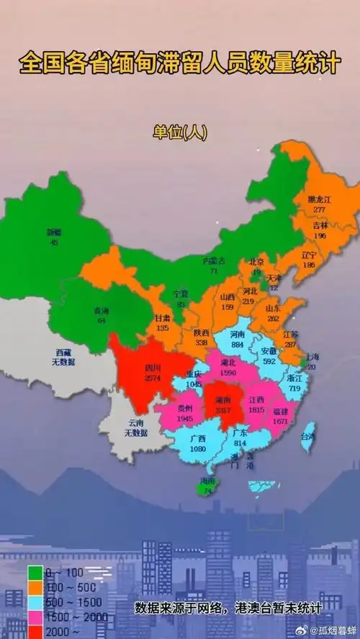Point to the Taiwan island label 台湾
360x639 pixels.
[307, 436]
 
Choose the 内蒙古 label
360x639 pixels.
[214, 261]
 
